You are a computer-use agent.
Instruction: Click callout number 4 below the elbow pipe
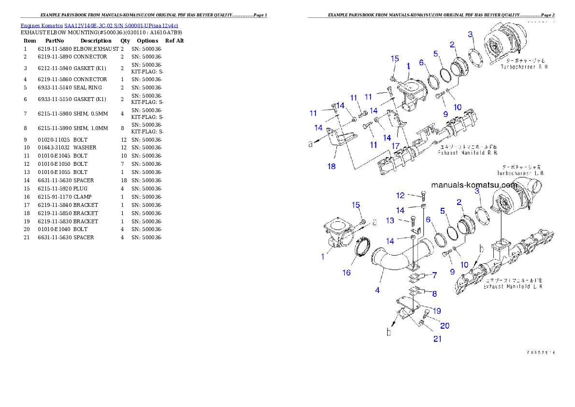pyautogui.click(x=377, y=290)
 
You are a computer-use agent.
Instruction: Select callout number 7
pyautogui.click(x=434, y=275)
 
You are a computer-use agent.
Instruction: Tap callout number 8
pyautogui.click(x=434, y=293)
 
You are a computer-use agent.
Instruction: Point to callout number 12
pyautogui.click(x=400, y=195)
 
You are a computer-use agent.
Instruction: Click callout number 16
pyautogui.click(x=346, y=273)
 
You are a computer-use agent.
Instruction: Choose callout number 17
pyautogui.click(x=395, y=145)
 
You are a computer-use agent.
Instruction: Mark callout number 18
pyautogui.click(x=331, y=166)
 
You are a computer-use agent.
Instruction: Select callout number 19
pyautogui.click(x=437, y=310)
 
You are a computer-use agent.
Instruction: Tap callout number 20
pyautogui.click(x=445, y=325)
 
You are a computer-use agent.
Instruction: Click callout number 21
pyautogui.click(x=437, y=339)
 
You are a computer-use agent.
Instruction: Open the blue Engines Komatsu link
pyautogui.click(x=99, y=26)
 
